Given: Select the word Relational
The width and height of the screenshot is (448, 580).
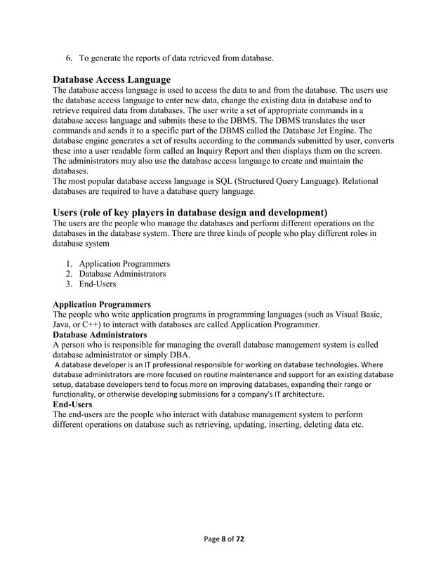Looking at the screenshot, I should click(354, 181).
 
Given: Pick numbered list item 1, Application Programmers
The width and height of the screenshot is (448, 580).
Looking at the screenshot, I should click(124, 263).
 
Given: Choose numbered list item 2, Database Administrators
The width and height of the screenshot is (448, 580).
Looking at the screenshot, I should click(122, 274).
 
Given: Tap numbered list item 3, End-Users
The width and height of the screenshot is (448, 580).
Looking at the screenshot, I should click(98, 284).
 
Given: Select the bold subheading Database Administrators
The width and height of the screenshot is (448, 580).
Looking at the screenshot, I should click(100, 335).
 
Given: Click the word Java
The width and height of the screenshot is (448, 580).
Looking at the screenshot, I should click(62, 325).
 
